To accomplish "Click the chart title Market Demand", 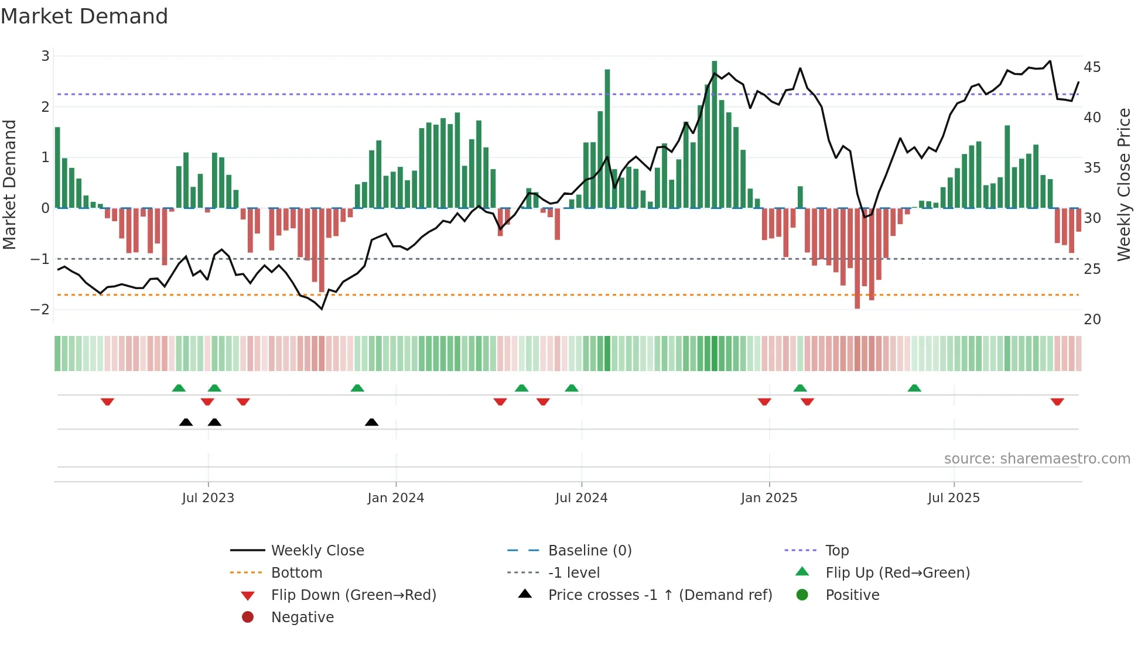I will coord(84,16).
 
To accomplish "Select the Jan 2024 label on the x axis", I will coord(395,498).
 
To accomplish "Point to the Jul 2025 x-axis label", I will coord(954,498).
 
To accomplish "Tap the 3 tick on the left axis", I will coord(45,56).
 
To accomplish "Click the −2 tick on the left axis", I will coord(40,310).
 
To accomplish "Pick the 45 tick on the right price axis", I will coord(1092,67).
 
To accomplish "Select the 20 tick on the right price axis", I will coord(1092,320).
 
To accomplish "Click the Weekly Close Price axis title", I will coord(1123,184).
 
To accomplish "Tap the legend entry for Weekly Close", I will coord(317,551).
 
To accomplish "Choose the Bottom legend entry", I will coord(296,573).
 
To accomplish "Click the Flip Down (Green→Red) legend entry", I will coord(353,595).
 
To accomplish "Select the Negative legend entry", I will coord(302,617).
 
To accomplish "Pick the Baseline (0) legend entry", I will coord(589,551).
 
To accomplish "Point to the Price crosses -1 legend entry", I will coord(660,595).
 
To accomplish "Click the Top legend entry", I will coord(836,551).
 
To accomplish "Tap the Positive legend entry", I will coord(852,595).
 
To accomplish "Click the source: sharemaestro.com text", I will coord(1037,459).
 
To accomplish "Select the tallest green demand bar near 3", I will coord(714,135).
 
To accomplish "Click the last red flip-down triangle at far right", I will coord(1057,402).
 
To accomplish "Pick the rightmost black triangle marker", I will coord(371,422).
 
